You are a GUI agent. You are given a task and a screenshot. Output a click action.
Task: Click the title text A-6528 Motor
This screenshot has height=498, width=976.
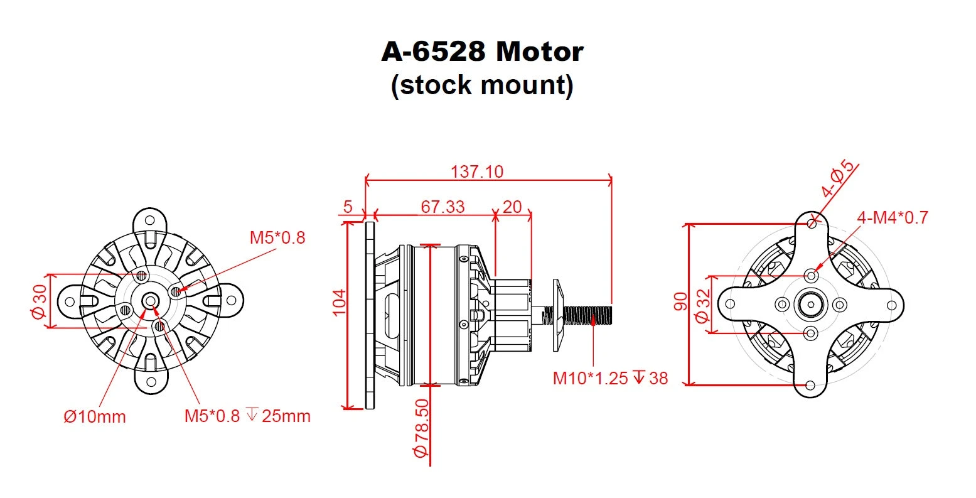482,51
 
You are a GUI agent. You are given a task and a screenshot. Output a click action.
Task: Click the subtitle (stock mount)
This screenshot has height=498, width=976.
482,85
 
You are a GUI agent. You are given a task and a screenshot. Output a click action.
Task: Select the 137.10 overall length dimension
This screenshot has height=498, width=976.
477,171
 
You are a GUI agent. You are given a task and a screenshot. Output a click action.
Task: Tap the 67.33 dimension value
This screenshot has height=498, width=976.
442,207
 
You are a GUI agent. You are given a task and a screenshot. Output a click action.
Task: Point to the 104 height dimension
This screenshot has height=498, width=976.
339,302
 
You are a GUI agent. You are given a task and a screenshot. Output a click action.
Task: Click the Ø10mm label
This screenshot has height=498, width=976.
95,416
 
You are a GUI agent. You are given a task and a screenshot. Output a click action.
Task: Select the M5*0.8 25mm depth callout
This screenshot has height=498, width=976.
247,416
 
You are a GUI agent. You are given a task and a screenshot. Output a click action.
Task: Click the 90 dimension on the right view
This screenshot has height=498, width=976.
680,301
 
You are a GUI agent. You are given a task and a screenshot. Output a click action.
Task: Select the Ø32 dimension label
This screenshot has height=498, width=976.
704,304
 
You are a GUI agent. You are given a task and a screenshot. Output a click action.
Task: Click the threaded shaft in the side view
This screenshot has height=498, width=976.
587,312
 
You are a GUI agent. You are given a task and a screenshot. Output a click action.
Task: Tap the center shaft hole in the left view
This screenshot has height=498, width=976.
150,301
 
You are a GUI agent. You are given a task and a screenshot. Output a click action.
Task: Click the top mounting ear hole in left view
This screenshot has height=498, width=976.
150,220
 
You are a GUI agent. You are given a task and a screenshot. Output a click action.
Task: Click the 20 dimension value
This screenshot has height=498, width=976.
513,207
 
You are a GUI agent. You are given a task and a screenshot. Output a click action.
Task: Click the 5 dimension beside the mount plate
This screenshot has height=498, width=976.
349,207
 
